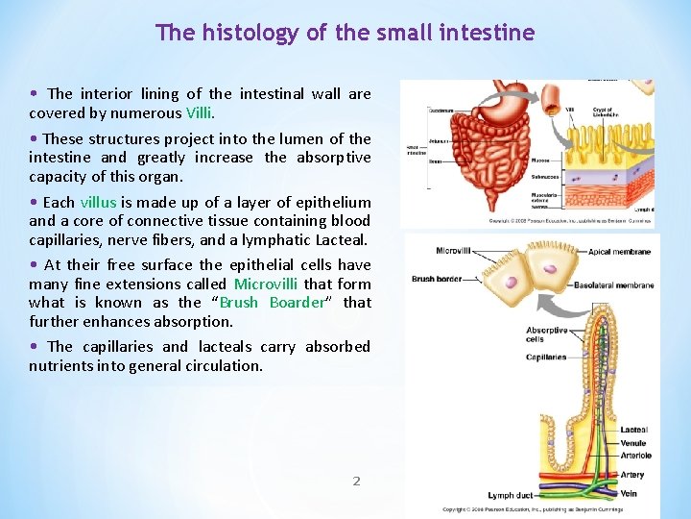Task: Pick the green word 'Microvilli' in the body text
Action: [x=266, y=284]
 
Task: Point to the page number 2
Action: [x=356, y=481]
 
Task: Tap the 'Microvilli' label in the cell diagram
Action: [x=453, y=251]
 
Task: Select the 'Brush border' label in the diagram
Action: [x=436, y=279]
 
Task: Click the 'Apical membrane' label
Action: [x=620, y=252]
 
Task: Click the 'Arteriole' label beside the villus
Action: [x=635, y=456]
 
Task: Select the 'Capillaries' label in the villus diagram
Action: [x=546, y=358]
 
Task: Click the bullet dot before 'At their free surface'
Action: [x=35, y=264]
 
